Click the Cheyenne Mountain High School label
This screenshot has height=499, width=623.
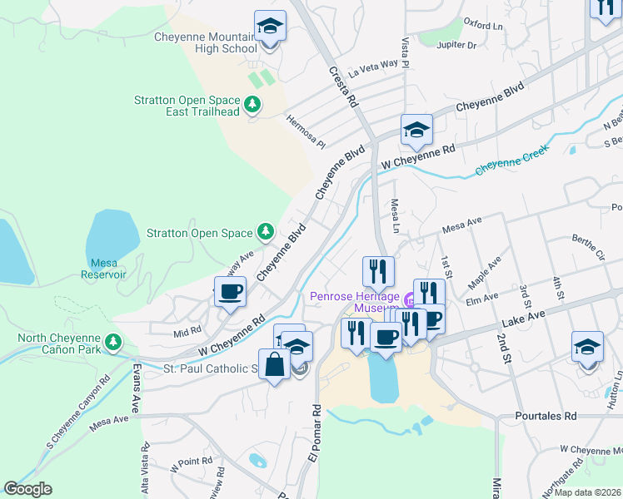[206, 42]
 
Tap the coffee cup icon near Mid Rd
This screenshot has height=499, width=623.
[230, 292]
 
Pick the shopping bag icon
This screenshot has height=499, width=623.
[274, 364]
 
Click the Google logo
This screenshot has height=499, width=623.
[27, 489]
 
